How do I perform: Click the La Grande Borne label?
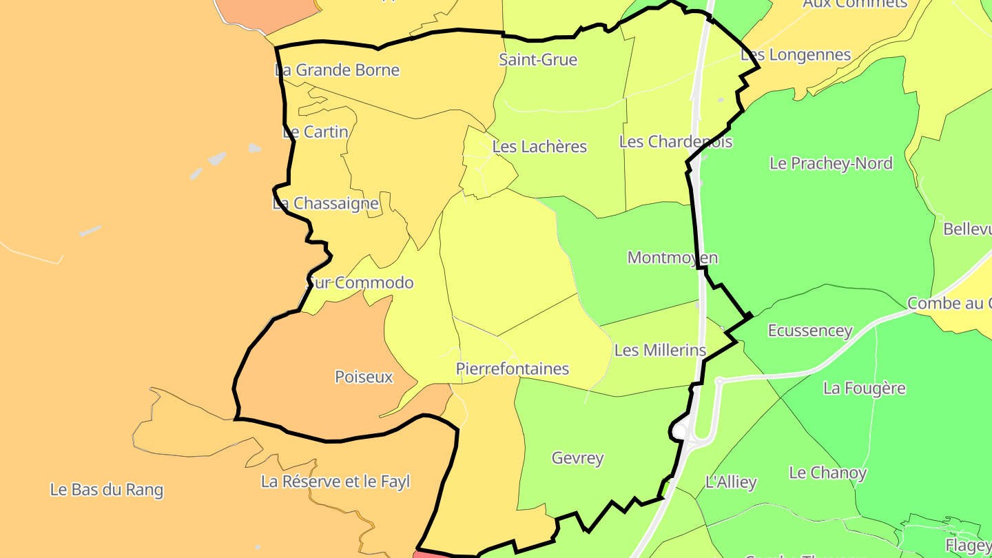(x=337, y=70)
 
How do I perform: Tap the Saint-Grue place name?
(x=538, y=60)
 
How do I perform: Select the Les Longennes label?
(x=796, y=54)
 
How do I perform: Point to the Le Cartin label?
(x=316, y=132)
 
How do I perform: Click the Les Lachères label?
(x=539, y=146)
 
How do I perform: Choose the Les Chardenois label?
(x=676, y=141)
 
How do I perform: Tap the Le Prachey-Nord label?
(x=831, y=163)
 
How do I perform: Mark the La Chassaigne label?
(x=326, y=203)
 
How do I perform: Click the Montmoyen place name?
(x=672, y=258)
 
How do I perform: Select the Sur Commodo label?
(x=360, y=282)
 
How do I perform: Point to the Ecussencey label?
(x=810, y=331)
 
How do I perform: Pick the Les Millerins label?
(x=660, y=350)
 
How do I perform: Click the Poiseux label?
(x=364, y=377)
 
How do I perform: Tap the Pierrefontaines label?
(x=513, y=369)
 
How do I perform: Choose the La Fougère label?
(x=865, y=388)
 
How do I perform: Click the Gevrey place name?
(x=577, y=457)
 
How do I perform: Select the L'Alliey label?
(x=731, y=482)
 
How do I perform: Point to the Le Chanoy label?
(x=827, y=473)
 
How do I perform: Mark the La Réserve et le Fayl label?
(x=335, y=482)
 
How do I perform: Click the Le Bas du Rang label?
(x=107, y=490)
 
